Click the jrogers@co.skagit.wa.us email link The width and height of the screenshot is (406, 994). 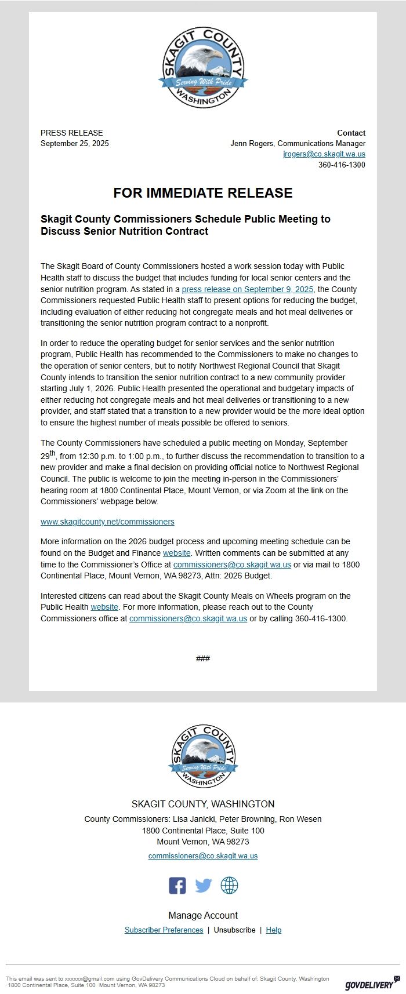pyautogui.click(x=324, y=154)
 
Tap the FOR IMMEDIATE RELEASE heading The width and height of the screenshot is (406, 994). pyautogui.click(x=203, y=193)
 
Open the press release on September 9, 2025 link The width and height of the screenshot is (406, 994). pyautogui.click(x=248, y=289)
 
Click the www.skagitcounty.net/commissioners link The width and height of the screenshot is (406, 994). pyautogui.click(x=107, y=522)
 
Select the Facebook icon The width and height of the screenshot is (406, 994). pyautogui.click(x=177, y=886)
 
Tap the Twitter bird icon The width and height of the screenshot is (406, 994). pyautogui.click(x=203, y=886)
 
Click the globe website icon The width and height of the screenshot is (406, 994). pyautogui.click(x=229, y=886)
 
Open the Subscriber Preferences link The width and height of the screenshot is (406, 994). pyautogui.click(x=164, y=930)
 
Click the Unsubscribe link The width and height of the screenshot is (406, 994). pyautogui.click(x=234, y=930)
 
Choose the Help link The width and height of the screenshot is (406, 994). pyautogui.click(x=273, y=930)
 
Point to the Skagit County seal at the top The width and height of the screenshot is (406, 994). pyautogui.click(x=203, y=67)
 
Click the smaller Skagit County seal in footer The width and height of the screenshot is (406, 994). pyautogui.click(x=203, y=756)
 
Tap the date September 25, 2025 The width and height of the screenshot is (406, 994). pyautogui.click(x=75, y=143)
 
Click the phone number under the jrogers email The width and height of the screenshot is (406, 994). pyautogui.click(x=342, y=165)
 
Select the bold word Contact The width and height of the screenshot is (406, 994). pyautogui.click(x=351, y=133)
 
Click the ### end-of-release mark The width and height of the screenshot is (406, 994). pyautogui.click(x=203, y=658)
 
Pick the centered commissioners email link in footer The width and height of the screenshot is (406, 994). pyautogui.click(x=203, y=855)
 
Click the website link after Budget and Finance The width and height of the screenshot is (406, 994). pyautogui.click(x=176, y=553)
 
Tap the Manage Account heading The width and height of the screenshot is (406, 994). pyautogui.click(x=203, y=915)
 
